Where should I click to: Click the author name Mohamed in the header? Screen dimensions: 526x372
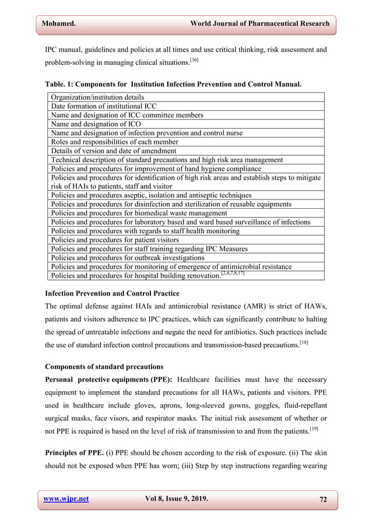[x=59, y=23]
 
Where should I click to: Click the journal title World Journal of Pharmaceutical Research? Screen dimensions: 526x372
[x=259, y=23]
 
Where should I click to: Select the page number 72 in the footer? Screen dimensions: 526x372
[x=324, y=499]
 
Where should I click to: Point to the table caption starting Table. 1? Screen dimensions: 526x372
[x=173, y=84]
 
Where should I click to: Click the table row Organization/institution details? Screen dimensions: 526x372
[x=97, y=97]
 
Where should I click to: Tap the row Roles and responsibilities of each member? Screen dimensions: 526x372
[x=115, y=142]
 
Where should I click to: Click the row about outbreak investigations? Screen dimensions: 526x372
[x=128, y=257]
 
